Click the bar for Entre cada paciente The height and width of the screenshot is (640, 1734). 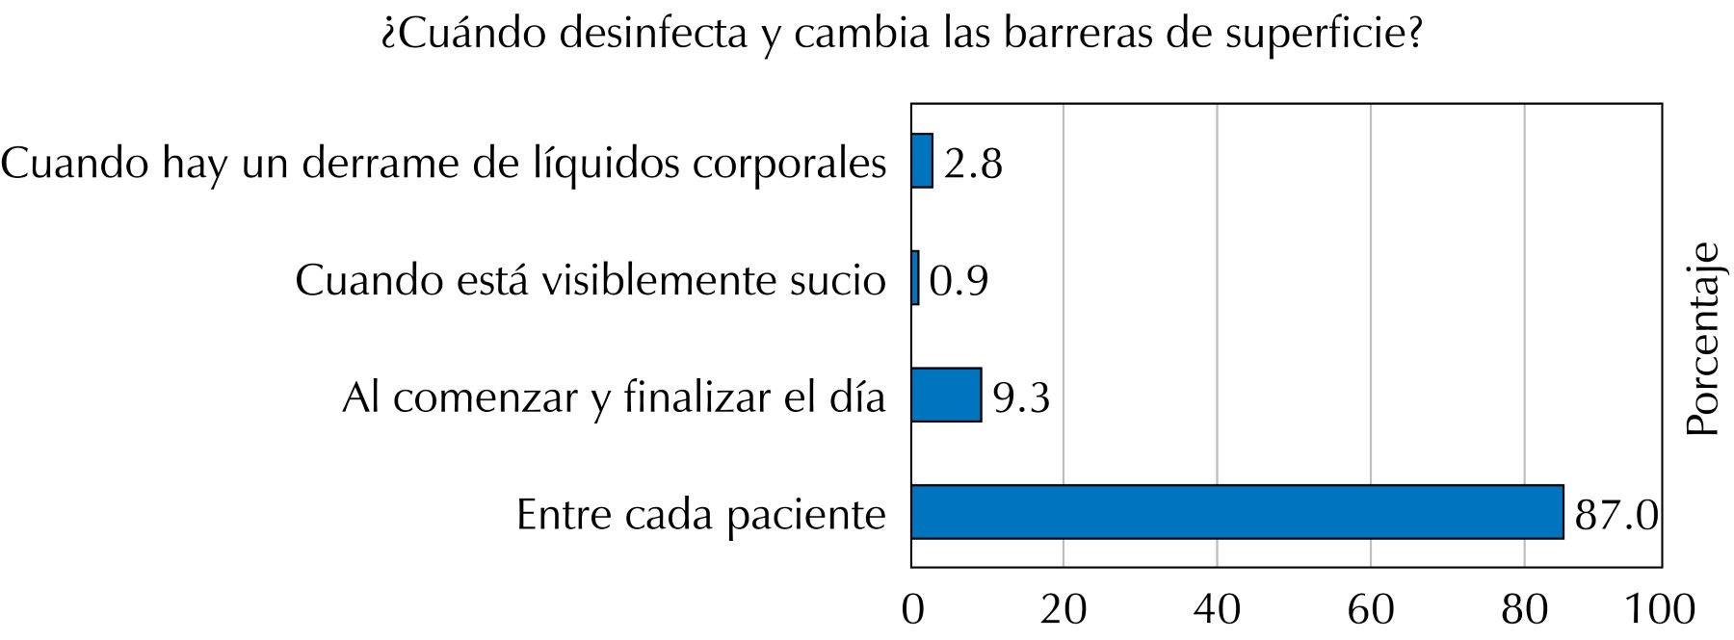tap(1236, 511)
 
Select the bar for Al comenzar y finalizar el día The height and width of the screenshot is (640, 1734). tap(946, 395)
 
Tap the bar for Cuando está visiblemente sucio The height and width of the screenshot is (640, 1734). tap(915, 278)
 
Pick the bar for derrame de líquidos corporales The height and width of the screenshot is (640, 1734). tap(922, 161)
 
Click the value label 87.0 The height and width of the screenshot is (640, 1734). tap(1616, 516)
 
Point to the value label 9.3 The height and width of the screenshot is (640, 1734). tap(1021, 397)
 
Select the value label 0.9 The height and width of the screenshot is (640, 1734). tap(959, 281)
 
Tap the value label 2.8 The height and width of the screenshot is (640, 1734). tap(973, 165)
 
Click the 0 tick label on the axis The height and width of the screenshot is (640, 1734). tap(911, 610)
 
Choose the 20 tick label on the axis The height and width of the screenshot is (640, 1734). tap(1064, 610)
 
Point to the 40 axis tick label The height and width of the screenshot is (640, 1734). tap(1217, 610)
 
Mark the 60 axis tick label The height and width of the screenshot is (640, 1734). tap(1370, 610)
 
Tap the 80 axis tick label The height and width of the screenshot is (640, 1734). tap(1523, 610)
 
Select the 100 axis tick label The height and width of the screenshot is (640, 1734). tap(1659, 610)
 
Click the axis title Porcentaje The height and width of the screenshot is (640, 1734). tap(1704, 340)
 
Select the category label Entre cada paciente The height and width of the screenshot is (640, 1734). tap(700, 515)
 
